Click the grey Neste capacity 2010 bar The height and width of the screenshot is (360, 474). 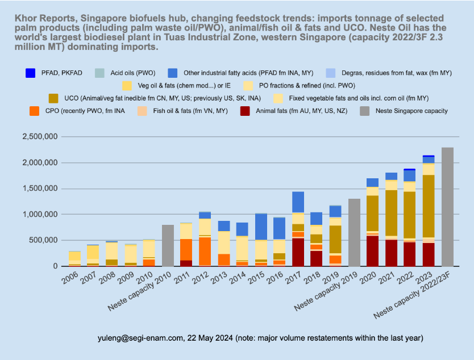(x=168, y=245)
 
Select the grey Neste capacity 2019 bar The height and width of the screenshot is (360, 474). (x=354, y=232)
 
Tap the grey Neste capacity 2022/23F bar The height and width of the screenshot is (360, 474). (x=447, y=207)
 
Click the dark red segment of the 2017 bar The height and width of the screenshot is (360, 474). (x=298, y=252)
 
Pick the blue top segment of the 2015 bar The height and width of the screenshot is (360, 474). (x=261, y=227)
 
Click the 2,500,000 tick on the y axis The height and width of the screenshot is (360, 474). (x=41, y=137)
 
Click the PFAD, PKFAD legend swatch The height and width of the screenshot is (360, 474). (x=31, y=73)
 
